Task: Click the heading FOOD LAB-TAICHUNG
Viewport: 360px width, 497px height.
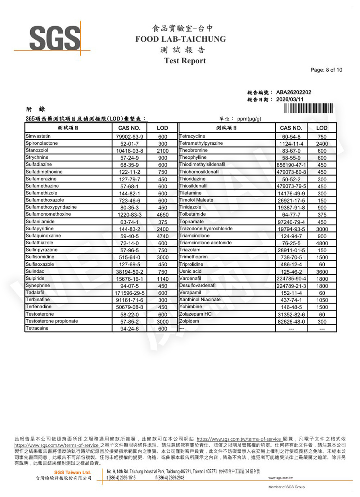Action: tap(180, 39)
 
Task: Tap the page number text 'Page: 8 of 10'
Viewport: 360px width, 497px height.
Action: tap(326, 70)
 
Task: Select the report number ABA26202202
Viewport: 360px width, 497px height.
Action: tap(293, 92)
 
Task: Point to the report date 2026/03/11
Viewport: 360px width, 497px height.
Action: tap(289, 99)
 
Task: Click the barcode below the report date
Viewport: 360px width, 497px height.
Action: tap(308, 108)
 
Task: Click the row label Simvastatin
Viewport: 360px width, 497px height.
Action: tap(38, 136)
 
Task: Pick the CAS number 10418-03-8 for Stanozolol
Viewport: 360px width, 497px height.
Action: tap(129, 151)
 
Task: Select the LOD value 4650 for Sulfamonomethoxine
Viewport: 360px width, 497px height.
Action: tap(162, 214)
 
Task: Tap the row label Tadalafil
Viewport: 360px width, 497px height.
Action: tap(35, 293)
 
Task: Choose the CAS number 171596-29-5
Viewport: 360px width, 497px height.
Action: tap(129, 293)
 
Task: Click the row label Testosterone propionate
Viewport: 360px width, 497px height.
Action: tap(52, 321)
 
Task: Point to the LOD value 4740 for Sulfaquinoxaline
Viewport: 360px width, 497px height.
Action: tap(162, 236)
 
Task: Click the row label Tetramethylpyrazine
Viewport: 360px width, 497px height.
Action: tap(201, 143)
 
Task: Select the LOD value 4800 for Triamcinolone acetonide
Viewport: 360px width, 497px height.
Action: tap(322, 243)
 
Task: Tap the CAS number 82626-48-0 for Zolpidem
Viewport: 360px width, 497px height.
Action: tap(291, 322)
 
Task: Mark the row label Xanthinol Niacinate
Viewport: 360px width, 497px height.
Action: tap(200, 299)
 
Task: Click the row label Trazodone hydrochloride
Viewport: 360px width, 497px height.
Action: tap(206, 229)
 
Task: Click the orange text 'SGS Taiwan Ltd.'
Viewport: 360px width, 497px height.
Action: tap(72, 472)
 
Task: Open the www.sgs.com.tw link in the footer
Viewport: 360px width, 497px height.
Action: tap(280, 478)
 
